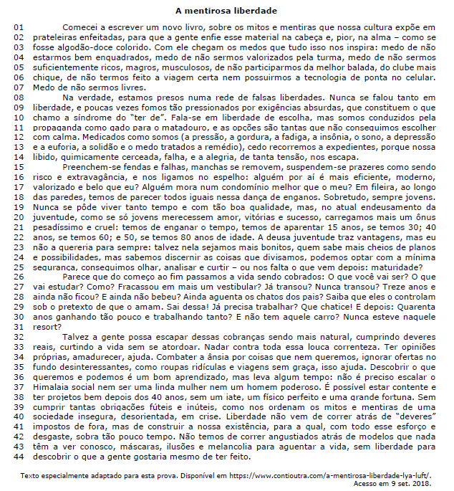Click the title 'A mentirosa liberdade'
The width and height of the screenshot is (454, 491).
pyautogui.click(x=226, y=11)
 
